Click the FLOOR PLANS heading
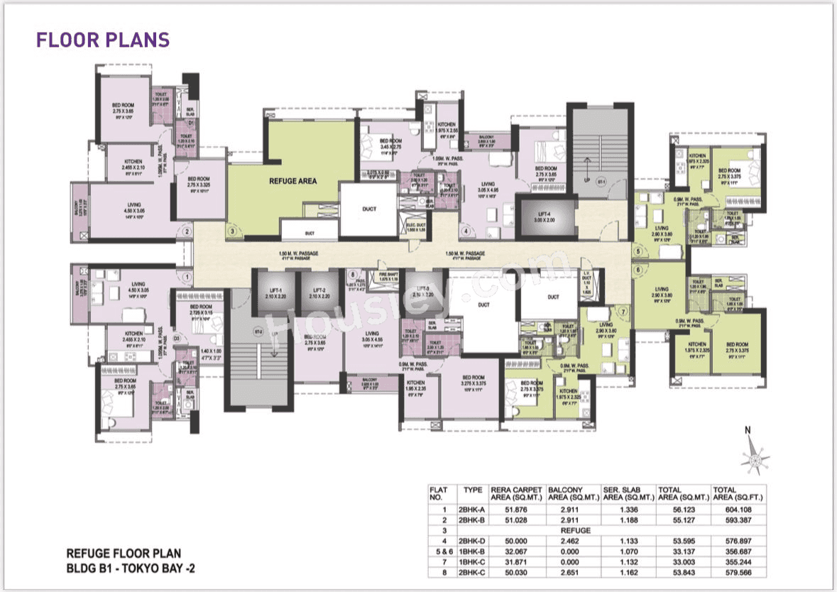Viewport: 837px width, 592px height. pyautogui.click(x=103, y=40)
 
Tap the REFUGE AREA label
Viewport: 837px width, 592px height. pyautogui.click(x=292, y=181)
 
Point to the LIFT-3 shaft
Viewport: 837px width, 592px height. pyautogui.click(x=422, y=292)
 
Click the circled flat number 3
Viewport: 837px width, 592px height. pyautogui.click(x=231, y=231)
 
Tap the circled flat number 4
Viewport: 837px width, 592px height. pyautogui.click(x=466, y=231)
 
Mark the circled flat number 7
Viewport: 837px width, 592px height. pyautogui.click(x=623, y=311)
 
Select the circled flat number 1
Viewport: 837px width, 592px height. pyautogui.click(x=187, y=278)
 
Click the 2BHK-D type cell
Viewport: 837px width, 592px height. pyautogui.click(x=473, y=539)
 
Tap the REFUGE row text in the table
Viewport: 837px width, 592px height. pyautogui.click(x=574, y=530)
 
